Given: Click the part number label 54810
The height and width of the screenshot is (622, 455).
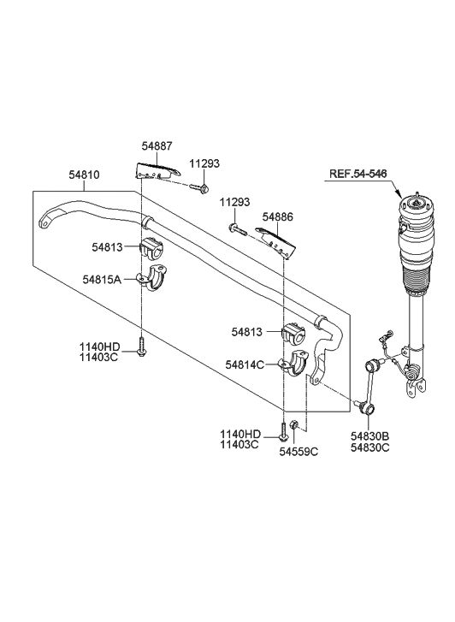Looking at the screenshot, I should tap(84, 175).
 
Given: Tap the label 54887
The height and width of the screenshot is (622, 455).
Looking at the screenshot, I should tap(157, 148).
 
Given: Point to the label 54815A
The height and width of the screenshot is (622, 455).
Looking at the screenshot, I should tap(102, 279).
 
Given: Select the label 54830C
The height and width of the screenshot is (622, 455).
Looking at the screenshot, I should tap(369, 448).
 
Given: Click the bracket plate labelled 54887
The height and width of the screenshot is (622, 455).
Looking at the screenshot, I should tap(157, 169).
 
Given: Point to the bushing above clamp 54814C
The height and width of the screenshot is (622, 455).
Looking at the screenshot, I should tap(295, 332).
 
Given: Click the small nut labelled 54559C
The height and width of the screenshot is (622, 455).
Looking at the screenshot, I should tap(292, 426).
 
